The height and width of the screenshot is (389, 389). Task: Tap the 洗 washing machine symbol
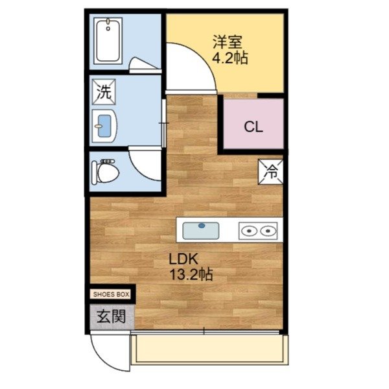pyautogui.click(x=104, y=91)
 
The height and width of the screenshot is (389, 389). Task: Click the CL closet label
pyautogui.click(x=253, y=126)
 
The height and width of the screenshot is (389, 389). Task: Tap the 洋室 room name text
pyautogui.click(x=228, y=43)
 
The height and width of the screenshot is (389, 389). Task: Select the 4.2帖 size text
pyautogui.click(x=230, y=58)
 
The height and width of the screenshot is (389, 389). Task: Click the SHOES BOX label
pyautogui.click(x=112, y=294)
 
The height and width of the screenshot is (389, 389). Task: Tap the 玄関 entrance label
pyautogui.click(x=110, y=317)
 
